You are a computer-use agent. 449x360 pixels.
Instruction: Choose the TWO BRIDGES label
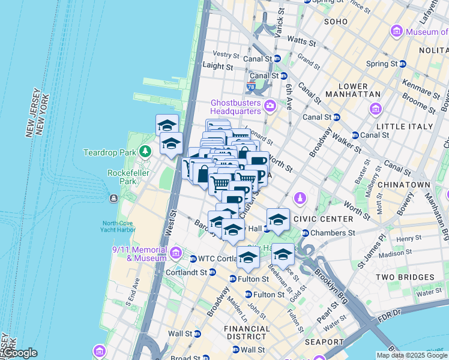[x=404, y=277]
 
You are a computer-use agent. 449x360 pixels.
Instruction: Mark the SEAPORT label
[x=324, y=342]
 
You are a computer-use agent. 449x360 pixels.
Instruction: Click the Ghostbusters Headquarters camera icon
[x=270, y=106]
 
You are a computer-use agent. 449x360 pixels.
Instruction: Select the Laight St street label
[x=218, y=66]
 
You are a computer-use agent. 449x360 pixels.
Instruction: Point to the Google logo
[x=20, y=353]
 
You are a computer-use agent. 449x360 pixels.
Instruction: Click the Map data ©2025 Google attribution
[x=412, y=355]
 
